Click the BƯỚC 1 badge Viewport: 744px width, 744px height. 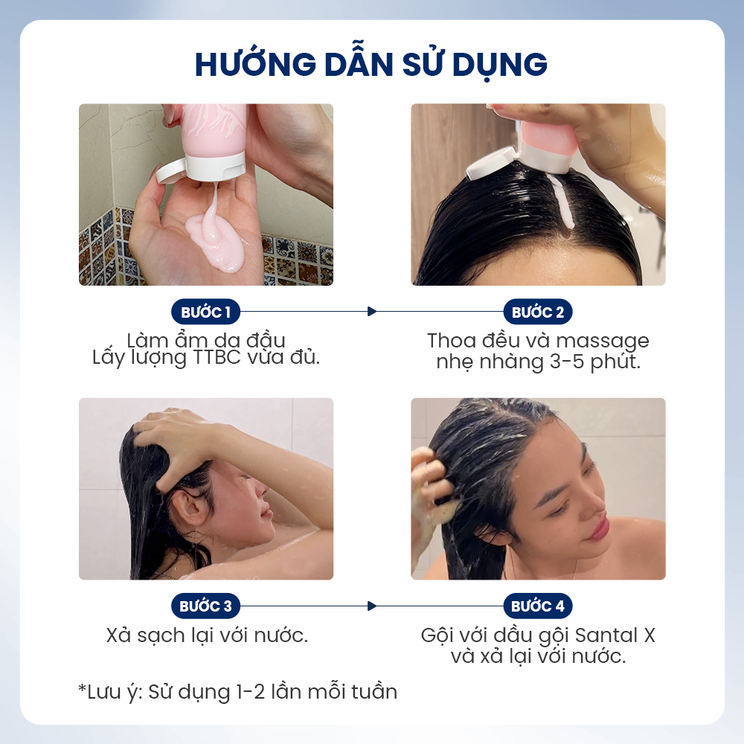(x=205, y=312)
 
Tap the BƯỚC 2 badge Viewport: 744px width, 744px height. (x=538, y=312)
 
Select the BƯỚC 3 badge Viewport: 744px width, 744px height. (x=205, y=606)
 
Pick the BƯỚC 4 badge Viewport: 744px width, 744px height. (x=538, y=606)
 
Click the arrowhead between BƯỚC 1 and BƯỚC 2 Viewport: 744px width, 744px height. (x=372, y=312)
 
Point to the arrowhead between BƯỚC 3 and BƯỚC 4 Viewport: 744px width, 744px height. (x=372, y=606)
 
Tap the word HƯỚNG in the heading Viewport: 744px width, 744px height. (x=255, y=63)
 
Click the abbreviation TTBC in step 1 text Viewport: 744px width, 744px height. (x=217, y=358)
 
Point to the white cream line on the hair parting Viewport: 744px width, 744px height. (x=560, y=200)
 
